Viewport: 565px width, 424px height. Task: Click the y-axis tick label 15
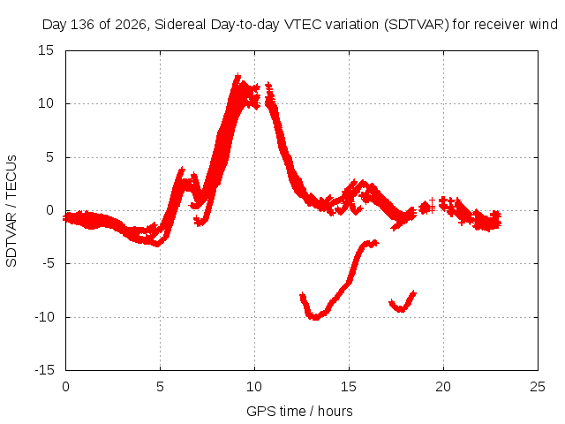pyautogui.click(x=46, y=50)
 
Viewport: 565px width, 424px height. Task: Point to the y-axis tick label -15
pyautogui.click(x=45, y=370)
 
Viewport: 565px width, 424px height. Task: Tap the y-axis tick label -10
pyautogui.click(x=45, y=317)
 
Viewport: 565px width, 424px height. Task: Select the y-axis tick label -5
pyautogui.click(x=49, y=263)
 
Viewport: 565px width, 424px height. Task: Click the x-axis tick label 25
pyautogui.click(x=538, y=387)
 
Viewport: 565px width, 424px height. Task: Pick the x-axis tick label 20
pyautogui.click(x=443, y=387)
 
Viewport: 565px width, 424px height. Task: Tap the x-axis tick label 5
pyautogui.click(x=160, y=387)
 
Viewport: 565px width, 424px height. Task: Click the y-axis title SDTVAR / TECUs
pyautogui.click(x=11, y=211)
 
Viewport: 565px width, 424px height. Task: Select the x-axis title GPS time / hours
pyautogui.click(x=299, y=411)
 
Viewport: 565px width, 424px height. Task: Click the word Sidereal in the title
pyautogui.click(x=180, y=25)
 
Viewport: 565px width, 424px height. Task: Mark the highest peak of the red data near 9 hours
pyautogui.click(x=237, y=76)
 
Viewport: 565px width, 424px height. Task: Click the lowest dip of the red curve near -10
pyautogui.click(x=315, y=317)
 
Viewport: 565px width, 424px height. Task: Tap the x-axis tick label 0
pyautogui.click(x=65, y=387)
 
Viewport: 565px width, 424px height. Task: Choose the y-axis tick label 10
pyautogui.click(x=46, y=103)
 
